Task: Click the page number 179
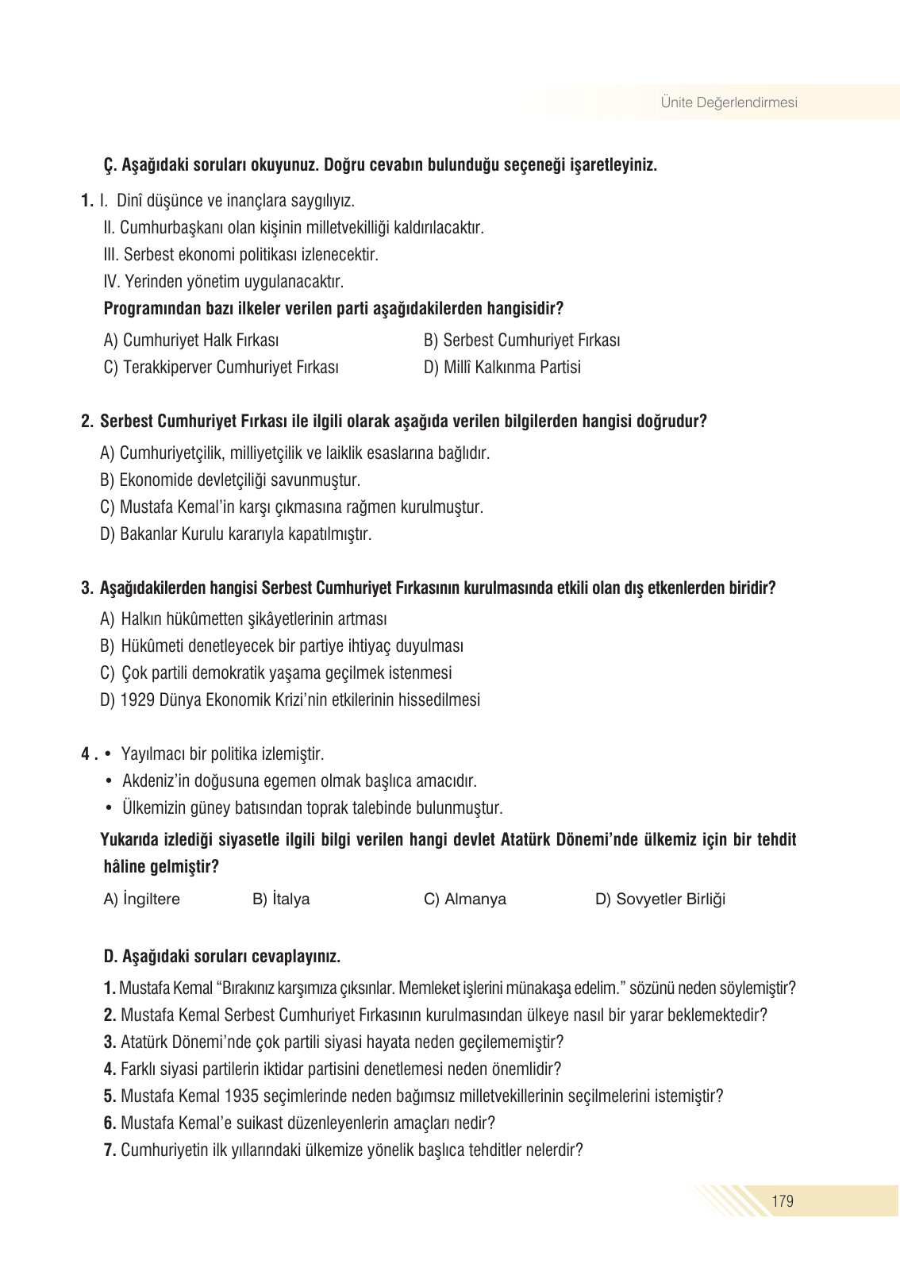[x=782, y=1200]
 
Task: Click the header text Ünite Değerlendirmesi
[x=729, y=102]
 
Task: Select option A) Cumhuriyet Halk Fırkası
[x=191, y=341]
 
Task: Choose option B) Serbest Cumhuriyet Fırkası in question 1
[x=521, y=341]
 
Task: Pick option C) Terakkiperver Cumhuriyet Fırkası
[x=221, y=368]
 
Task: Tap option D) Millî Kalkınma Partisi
[x=502, y=368]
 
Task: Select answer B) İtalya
[x=281, y=900]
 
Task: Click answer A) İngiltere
[x=142, y=900]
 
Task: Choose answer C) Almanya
[x=464, y=900]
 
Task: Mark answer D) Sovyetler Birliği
[x=660, y=900]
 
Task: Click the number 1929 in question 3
[x=137, y=700]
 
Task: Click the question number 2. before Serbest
[x=87, y=422]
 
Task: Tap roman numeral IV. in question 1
[x=111, y=282]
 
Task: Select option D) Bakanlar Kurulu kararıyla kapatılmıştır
[x=236, y=534]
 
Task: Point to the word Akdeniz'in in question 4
[x=158, y=781]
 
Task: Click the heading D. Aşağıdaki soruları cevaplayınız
[x=222, y=957]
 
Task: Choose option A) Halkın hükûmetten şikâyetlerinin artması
[x=244, y=619]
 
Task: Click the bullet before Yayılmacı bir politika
[x=108, y=754]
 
